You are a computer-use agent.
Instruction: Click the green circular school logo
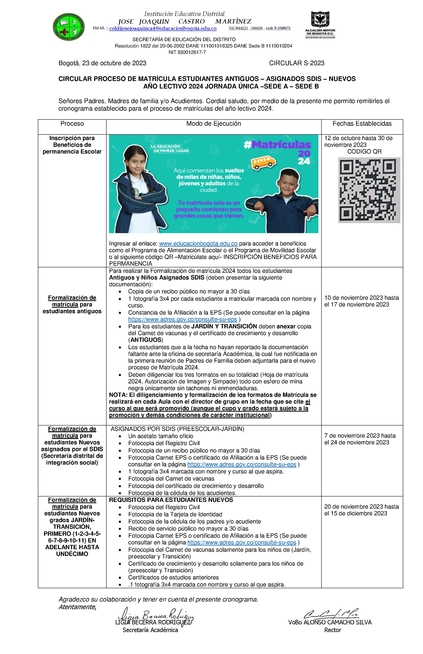(x=69, y=27)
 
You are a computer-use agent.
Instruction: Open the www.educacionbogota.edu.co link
(x=198, y=244)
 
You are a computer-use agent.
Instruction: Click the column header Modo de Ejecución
(x=213, y=124)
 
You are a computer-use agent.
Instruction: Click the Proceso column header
(x=72, y=124)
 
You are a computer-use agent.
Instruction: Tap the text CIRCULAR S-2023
(x=296, y=63)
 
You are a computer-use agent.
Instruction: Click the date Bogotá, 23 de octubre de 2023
(x=102, y=63)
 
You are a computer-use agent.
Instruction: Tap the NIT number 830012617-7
(x=187, y=52)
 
